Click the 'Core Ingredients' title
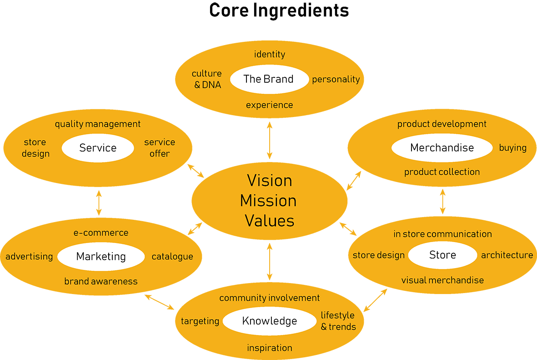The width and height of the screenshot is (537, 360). pyautogui.click(x=279, y=10)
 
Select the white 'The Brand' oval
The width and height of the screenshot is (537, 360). pyautogui.click(x=268, y=79)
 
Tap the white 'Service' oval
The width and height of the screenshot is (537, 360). pyautogui.click(x=98, y=148)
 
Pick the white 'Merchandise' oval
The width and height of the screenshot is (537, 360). pyautogui.click(x=442, y=148)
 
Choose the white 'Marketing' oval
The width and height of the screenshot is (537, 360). pyautogui.click(x=101, y=257)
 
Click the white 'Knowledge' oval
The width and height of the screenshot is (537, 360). pyautogui.click(x=270, y=321)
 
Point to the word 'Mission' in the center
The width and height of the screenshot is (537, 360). pyautogui.click(x=268, y=201)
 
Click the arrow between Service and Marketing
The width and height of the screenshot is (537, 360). pyautogui.click(x=99, y=203)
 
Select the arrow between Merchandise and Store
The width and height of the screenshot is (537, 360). pyautogui.click(x=442, y=201)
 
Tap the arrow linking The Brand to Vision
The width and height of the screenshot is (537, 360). pyautogui.click(x=270, y=140)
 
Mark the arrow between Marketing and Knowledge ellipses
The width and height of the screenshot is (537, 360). pyautogui.click(x=160, y=302)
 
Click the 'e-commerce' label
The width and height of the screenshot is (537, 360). pyautogui.click(x=101, y=233)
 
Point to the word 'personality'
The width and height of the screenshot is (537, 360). pyautogui.click(x=336, y=79)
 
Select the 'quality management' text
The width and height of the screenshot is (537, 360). pyautogui.click(x=98, y=124)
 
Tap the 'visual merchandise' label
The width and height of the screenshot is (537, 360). pyautogui.click(x=442, y=280)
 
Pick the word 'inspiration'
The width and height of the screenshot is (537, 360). pyautogui.click(x=270, y=348)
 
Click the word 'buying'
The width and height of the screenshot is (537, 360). pyautogui.click(x=512, y=148)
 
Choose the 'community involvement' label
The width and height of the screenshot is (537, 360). pyautogui.click(x=270, y=298)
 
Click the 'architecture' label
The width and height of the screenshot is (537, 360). pyautogui.click(x=507, y=255)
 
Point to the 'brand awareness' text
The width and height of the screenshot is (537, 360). pyautogui.click(x=101, y=281)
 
